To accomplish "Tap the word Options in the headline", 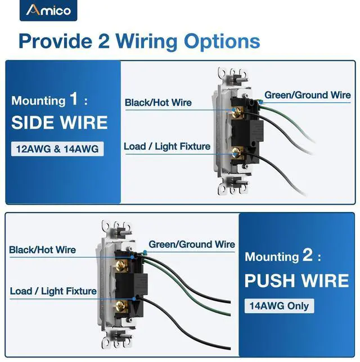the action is click(222, 41).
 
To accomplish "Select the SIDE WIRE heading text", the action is click(59, 123).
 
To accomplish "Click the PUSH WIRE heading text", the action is click(296, 280).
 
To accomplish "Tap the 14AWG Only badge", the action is click(280, 306).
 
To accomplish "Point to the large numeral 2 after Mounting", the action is click(307, 256).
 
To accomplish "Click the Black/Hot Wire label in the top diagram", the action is click(158, 103).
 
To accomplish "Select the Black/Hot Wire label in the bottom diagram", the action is click(43, 250).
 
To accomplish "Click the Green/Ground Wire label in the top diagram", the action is click(308, 95).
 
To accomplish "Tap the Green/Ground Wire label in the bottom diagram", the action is click(192, 245).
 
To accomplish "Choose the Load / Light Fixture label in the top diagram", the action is click(167, 147).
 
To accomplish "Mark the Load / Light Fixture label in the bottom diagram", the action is click(53, 291).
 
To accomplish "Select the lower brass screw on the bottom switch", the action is click(119, 305).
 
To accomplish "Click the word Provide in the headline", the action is click(58, 41).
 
